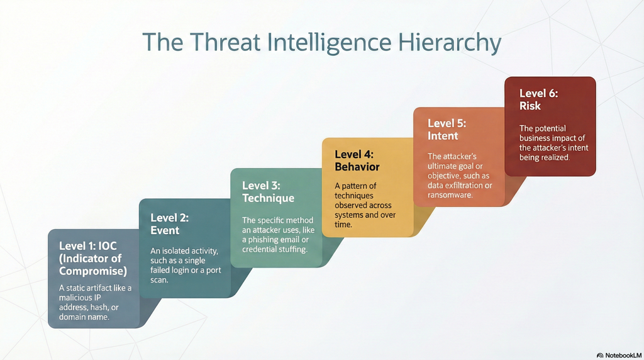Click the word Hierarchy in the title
(x=449, y=43)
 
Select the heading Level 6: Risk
(x=538, y=99)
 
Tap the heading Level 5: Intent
(x=447, y=130)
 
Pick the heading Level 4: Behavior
(x=357, y=160)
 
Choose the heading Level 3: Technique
(x=268, y=192)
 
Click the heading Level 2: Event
(x=169, y=224)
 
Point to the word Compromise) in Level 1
(x=93, y=271)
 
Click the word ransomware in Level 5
(x=450, y=195)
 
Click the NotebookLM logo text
(x=623, y=355)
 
